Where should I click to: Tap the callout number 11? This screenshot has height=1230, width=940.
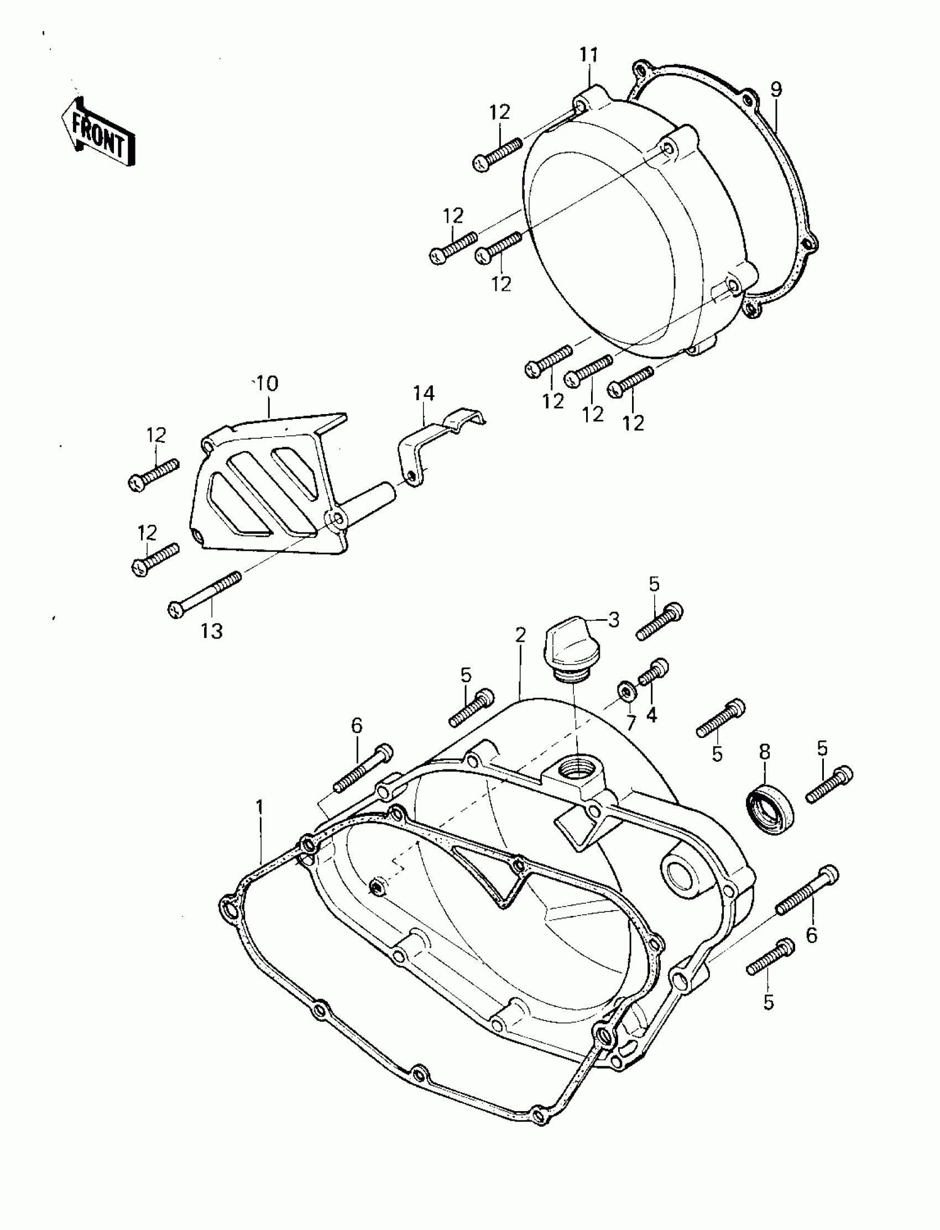pos(589,55)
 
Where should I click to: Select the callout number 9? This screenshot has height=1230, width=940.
pos(776,90)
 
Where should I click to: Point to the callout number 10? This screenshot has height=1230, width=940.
pos(267,384)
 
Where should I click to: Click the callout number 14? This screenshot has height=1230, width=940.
pos(424,393)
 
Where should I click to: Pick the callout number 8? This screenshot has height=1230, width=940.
pos(764,752)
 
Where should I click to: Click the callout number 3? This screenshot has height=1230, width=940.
pos(614,620)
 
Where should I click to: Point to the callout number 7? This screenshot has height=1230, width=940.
pos(631,723)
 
